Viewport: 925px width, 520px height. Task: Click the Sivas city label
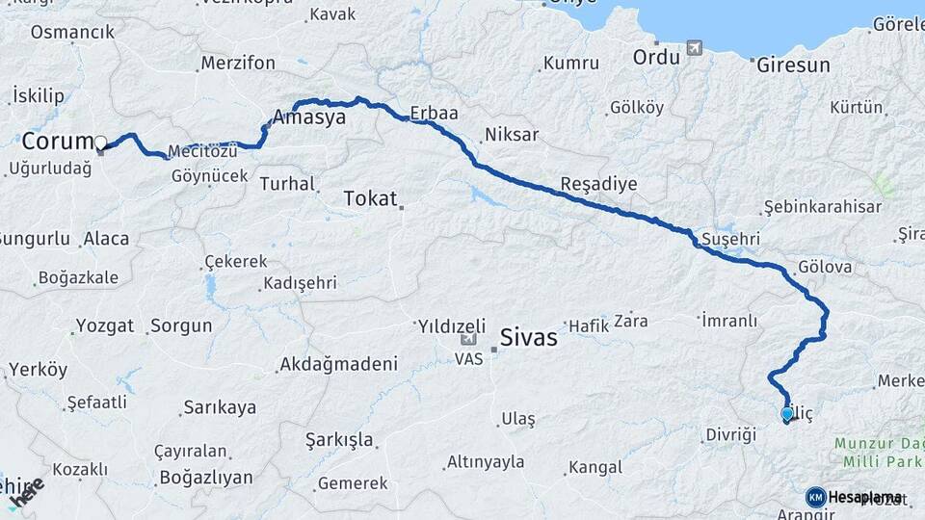[529, 338]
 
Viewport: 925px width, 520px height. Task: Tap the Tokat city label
[370, 199]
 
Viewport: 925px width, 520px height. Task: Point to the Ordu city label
[656, 57]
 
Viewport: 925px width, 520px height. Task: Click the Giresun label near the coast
[793, 65]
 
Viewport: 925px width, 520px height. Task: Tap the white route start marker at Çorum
[100, 143]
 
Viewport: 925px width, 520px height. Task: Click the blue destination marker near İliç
[787, 414]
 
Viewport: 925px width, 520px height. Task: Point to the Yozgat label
[104, 325]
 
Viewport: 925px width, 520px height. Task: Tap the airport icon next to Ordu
[694, 48]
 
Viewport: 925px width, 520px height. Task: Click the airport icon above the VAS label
[469, 339]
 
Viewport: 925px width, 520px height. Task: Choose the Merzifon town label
[238, 64]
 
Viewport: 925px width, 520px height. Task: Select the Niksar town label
[512, 135]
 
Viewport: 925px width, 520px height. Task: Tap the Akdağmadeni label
[338, 364]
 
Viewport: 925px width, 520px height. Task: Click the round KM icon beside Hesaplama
[815, 497]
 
